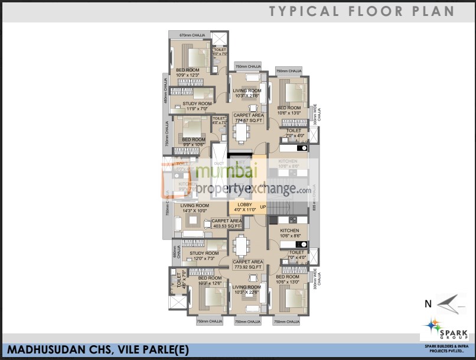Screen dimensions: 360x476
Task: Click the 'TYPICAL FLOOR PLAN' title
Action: coord(361,11)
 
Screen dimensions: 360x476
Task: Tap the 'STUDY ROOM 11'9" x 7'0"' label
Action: coord(197,106)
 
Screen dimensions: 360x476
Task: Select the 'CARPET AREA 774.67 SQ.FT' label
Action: coord(248,118)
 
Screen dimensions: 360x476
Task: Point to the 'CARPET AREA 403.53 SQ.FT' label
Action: coord(226,223)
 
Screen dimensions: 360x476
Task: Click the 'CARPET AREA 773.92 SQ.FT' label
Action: coord(247,264)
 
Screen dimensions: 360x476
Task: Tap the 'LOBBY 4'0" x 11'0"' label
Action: coord(245,207)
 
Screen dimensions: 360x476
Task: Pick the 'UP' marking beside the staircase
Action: coord(263,207)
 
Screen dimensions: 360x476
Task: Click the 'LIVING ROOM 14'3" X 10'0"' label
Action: coord(194,208)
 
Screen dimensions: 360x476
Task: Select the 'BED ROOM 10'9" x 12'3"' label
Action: coord(187,73)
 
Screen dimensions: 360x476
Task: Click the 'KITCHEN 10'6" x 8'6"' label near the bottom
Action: coord(289,233)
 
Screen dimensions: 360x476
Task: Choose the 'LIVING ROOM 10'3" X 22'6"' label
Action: coord(247,290)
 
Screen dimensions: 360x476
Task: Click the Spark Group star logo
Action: coord(432,325)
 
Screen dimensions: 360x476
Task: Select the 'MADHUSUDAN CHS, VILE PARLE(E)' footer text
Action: coord(97,350)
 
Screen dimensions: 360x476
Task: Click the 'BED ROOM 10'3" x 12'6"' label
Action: coord(210,280)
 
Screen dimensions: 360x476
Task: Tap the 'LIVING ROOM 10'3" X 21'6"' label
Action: coord(247,93)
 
